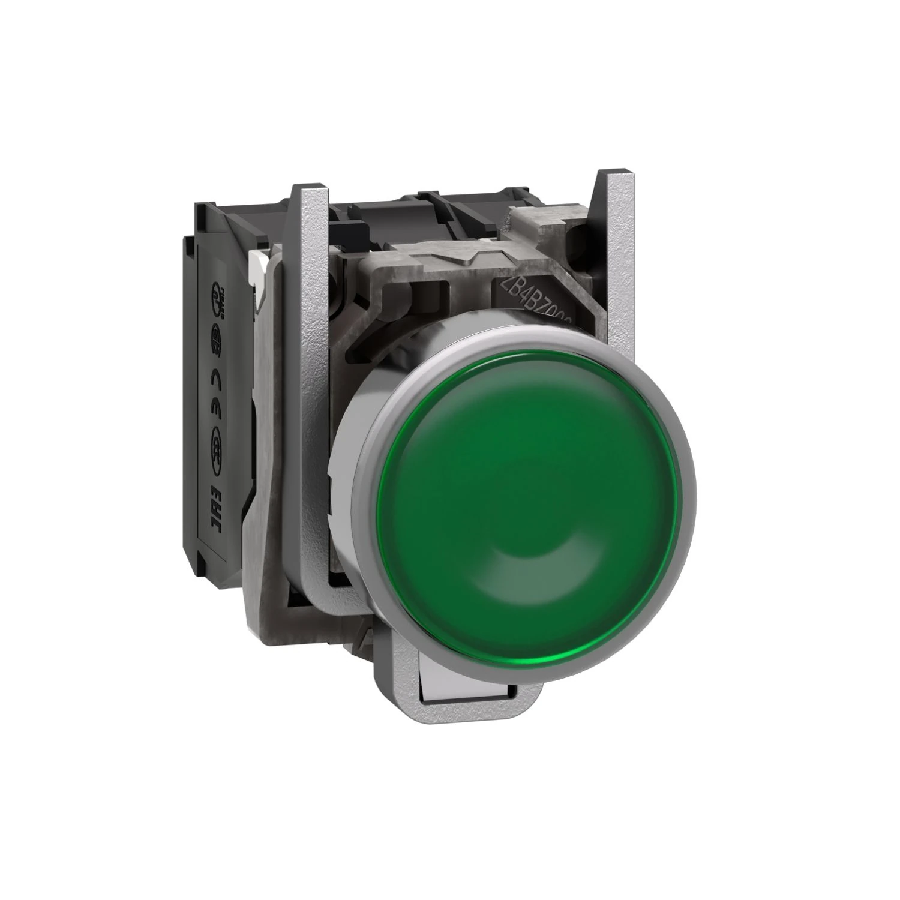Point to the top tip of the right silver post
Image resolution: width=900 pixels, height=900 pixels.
point(613,175)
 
